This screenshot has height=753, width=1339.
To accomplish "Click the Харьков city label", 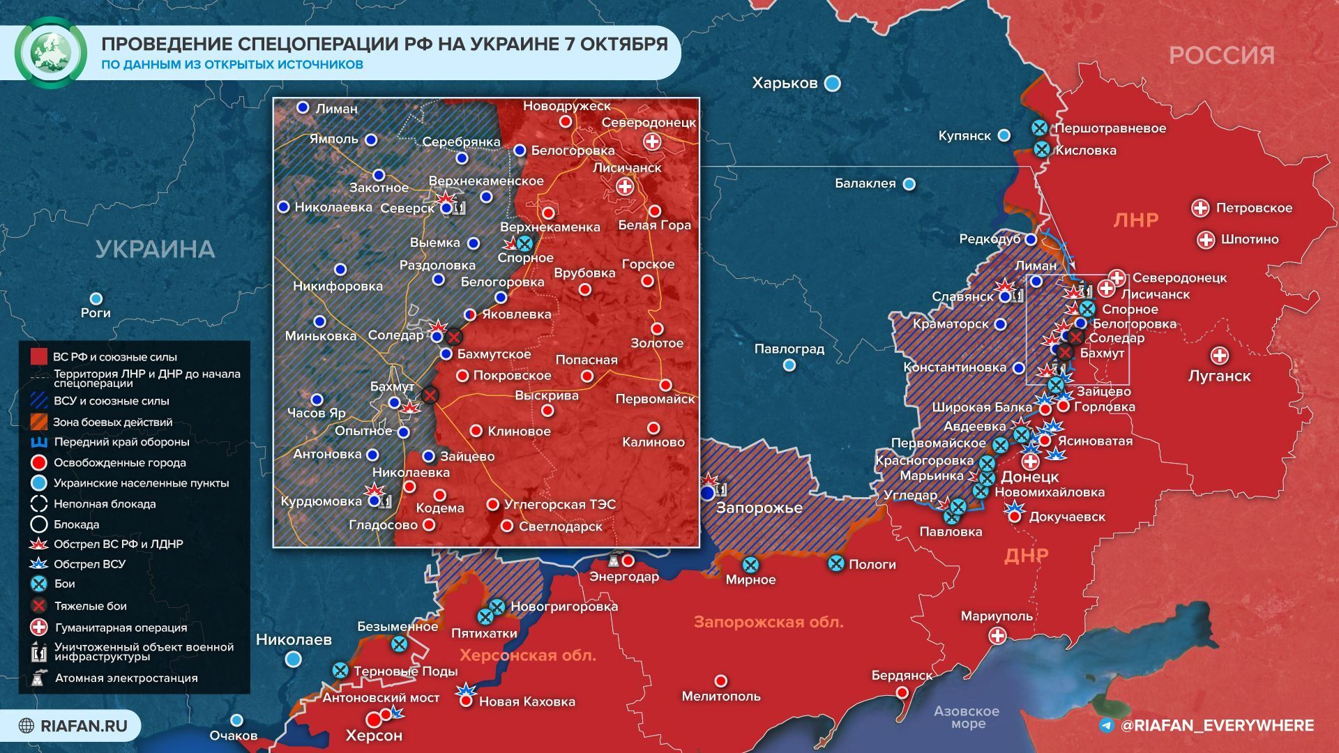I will click(785, 83).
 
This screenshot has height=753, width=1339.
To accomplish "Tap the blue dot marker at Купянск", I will click(1004, 135).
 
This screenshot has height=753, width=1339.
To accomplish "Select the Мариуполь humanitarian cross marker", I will click(997, 635).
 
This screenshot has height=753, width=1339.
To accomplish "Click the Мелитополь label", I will click(721, 696).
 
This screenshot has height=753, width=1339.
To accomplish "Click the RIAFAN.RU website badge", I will click(74, 726).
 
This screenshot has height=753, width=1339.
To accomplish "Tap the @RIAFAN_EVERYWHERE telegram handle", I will click(1216, 726).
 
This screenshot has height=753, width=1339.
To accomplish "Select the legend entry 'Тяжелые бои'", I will click(91, 606).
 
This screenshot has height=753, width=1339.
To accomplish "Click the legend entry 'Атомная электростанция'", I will click(126, 678).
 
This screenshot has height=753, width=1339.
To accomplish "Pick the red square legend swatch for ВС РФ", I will click(39, 357).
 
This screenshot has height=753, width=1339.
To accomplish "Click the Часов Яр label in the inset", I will click(317, 413).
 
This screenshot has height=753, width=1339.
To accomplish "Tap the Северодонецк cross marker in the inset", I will click(652, 142).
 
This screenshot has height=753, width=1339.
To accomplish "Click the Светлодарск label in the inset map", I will click(560, 526).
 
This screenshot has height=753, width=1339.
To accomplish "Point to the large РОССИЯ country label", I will click(1221, 55).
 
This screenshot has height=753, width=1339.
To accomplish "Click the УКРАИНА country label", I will click(155, 249).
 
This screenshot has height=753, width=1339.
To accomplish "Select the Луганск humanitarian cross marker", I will click(1219, 356).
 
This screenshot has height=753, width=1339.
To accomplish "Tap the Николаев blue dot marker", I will click(294, 658).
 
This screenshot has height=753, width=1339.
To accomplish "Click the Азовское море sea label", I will click(967, 717).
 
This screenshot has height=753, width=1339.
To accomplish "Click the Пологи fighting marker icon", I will click(835, 563).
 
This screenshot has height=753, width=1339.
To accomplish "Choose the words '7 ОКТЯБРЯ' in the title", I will click(614, 44).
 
